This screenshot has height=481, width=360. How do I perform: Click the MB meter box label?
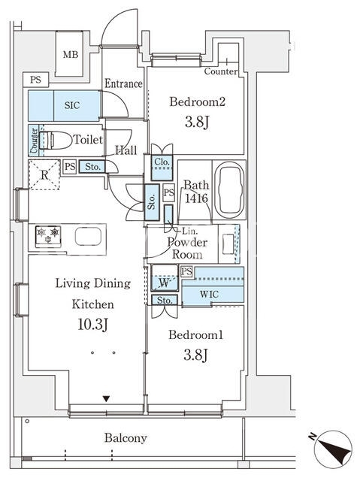(x=71, y=55)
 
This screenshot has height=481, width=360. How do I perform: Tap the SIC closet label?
(x=72, y=105)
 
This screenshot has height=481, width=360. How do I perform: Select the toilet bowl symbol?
(x=55, y=141)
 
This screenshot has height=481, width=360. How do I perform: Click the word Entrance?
(x=123, y=83)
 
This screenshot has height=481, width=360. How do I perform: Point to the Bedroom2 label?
(x=198, y=101)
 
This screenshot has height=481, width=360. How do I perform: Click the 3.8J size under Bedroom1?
(x=196, y=355)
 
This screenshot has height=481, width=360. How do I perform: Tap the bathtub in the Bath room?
(x=229, y=190)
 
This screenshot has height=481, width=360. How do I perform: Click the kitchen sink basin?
(x=89, y=237)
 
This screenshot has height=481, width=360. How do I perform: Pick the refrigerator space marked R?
(x=44, y=175)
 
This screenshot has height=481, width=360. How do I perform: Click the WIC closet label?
(x=209, y=294)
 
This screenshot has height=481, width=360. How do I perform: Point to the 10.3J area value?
(x=92, y=325)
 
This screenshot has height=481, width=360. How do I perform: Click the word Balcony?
(x=126, y=437)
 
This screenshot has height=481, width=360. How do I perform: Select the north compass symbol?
(x=333, y=449)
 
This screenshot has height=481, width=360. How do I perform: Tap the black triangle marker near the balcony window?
(x=106, y=399)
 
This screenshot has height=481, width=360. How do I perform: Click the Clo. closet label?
(x=162, y=162)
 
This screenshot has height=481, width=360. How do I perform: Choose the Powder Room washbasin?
(x=228, y=244)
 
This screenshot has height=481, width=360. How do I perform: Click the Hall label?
(x=126, y=150)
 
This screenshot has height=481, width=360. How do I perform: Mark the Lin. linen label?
(x=190, y=231)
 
